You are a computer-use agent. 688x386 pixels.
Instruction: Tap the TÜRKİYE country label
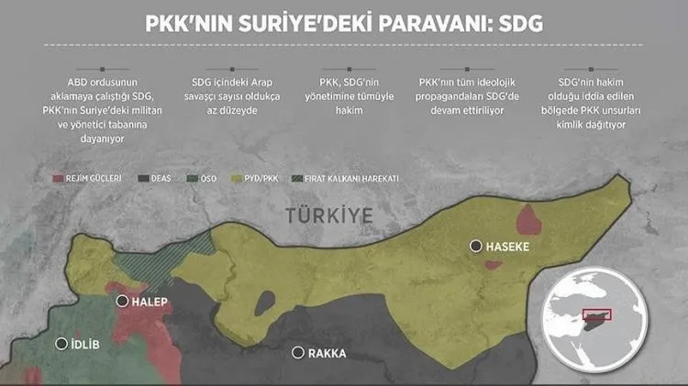328,216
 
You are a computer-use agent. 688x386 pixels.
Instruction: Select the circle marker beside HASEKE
475,246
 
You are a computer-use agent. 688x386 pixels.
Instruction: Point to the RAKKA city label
327,353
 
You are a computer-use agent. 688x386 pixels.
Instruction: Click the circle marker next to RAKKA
296,352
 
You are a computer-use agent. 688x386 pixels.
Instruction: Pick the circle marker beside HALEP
122,301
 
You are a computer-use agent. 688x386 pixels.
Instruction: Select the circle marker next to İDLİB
62,344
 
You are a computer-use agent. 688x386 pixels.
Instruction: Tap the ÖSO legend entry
207,179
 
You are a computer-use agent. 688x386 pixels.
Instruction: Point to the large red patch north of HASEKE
530,220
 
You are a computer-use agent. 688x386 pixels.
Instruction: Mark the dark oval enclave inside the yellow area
265,302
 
